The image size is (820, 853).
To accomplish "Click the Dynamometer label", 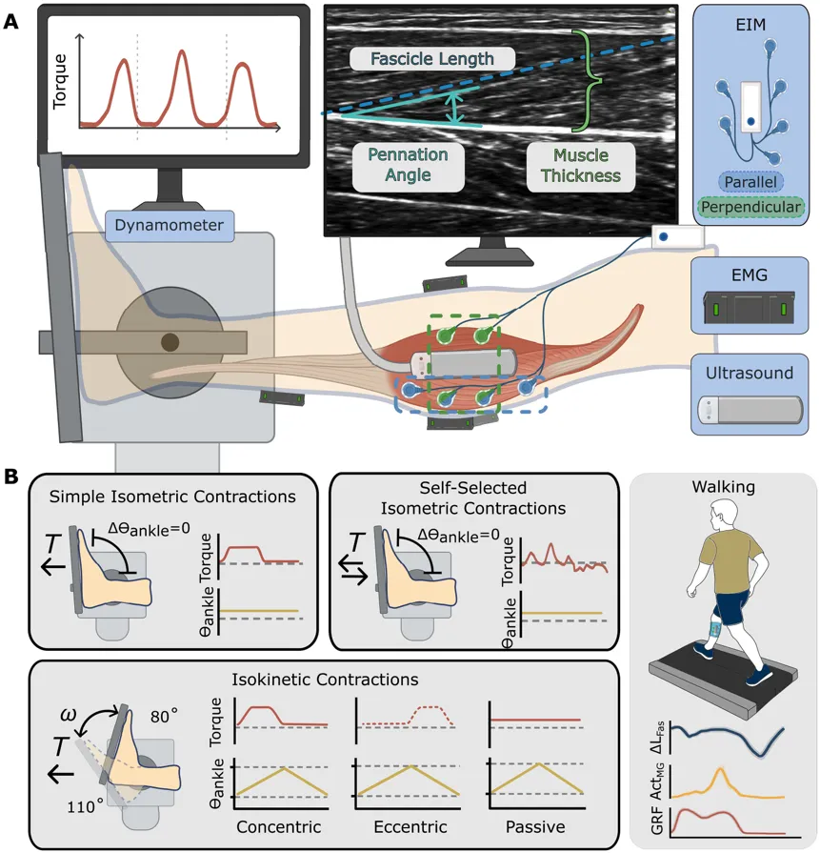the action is pyautogui.click(x=170, y=226).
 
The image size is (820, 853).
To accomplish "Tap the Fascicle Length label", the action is pyautogui.click(x=432, y=59).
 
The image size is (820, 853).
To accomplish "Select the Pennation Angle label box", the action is pyautogui.click(x=408, y=165).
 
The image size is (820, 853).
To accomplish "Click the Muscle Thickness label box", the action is pyautogui.click(x=581, y=166).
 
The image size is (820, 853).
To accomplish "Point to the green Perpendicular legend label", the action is pyautogui.click(x=750, y=207).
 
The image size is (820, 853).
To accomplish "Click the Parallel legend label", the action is pyautogui.click(x=750, y=182).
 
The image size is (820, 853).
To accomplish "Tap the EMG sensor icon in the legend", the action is pyautogui.click(x=750, y=308).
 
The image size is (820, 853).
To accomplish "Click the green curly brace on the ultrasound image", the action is pyautogui.click(x=587, y=80).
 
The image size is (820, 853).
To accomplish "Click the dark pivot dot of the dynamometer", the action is pyautogui.click(x=170, y=342).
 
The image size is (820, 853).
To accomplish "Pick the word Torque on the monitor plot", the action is pyautogui.click(x=59, y=82).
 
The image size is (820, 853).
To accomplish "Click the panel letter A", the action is pyautogui.click(x=10, y=22).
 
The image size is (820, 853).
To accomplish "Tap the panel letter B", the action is pyautogui.click(x=10, y=477).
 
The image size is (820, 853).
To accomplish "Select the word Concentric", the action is pyautogui.click(x=278, y=827).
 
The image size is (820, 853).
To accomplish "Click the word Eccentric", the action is pyautogui.click(x=410, y=827).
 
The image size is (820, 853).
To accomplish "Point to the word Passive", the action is pyautogui.click(x=535, y=827).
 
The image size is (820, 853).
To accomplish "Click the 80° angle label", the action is pyautogui.click(x=164, y=716).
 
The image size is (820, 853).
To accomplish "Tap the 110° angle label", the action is pyautogui.click(x=84, y=805).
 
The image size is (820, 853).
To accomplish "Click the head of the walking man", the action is pyautogui.click(x=725, y=517).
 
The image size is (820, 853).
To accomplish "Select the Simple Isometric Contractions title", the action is pyautogui.click(x=172, y=497).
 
